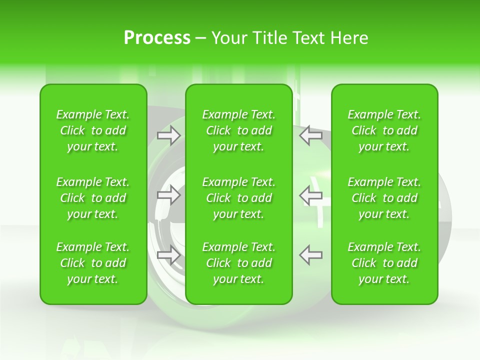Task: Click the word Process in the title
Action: point(157,38)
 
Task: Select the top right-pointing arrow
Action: point(169,135)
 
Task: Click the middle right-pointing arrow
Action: point(169,195)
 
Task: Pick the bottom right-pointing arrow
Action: point(169,255)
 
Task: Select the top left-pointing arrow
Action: point(311,135)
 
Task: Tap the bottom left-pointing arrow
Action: point(311,255)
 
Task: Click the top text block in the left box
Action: point(93,130)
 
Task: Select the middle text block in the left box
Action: point(93,198)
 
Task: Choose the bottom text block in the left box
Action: point(93,263)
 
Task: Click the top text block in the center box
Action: point(238,130)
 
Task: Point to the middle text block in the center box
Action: point(238,198)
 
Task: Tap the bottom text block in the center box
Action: point(238,263)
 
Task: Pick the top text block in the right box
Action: point(384,130)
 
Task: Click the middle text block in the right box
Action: point(384,198)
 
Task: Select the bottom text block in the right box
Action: point(384,263)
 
